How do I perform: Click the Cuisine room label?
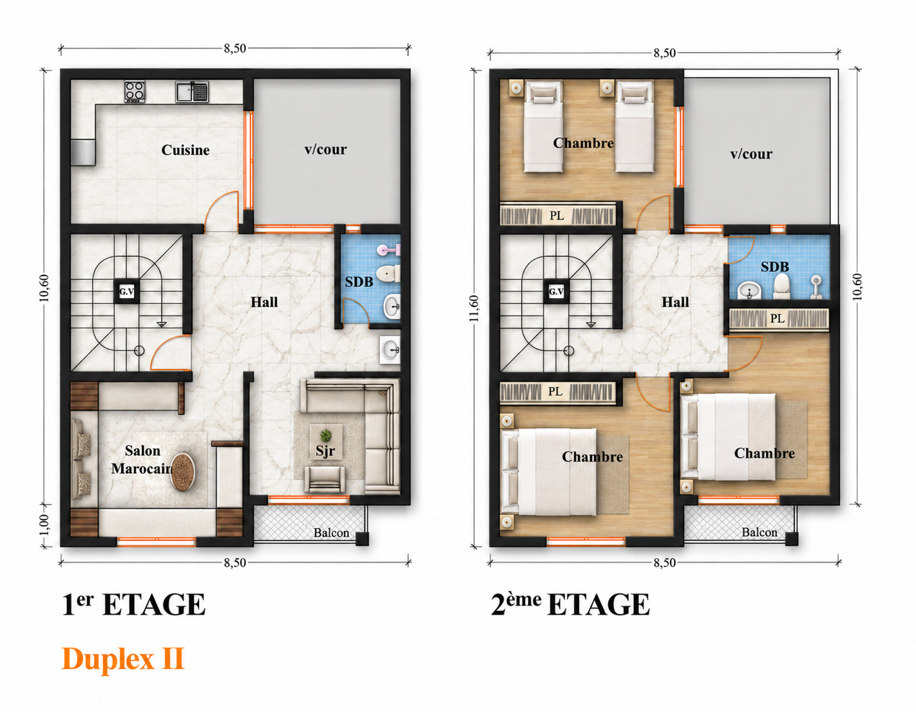point(186,150)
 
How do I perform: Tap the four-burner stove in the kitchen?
point(135,91)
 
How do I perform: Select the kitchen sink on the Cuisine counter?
point(192,92)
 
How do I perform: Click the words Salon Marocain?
point(142,460)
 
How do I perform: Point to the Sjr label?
point(325,451)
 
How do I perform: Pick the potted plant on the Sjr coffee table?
point(325,435)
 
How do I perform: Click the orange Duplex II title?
point(123,659)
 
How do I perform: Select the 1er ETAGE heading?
point(133,605)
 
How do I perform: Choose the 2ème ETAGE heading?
point(570,605)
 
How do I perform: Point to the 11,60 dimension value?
point(474,308)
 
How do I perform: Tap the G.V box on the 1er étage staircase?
point(126,291)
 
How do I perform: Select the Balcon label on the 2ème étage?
point(759,532)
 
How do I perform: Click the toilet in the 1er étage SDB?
point(388,274)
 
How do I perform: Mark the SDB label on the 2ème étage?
point(775,267)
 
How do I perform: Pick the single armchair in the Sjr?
point(325,479)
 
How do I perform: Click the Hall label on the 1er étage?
point(264,302)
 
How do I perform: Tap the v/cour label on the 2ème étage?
point(751,154)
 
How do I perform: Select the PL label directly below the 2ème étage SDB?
point(778,319)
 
